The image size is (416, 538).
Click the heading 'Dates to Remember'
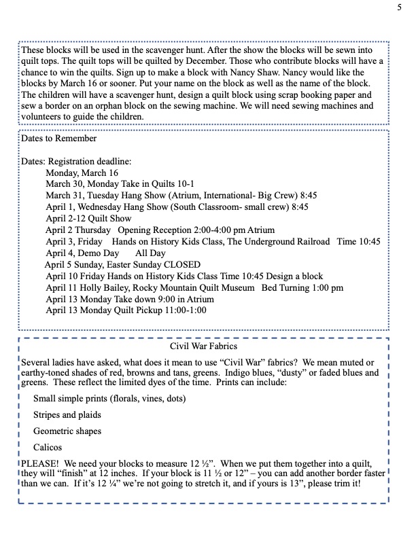[59, 139]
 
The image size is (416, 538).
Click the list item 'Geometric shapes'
[67, 431]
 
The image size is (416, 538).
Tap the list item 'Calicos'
[48, 447]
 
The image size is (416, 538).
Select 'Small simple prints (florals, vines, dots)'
[109, 398]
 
